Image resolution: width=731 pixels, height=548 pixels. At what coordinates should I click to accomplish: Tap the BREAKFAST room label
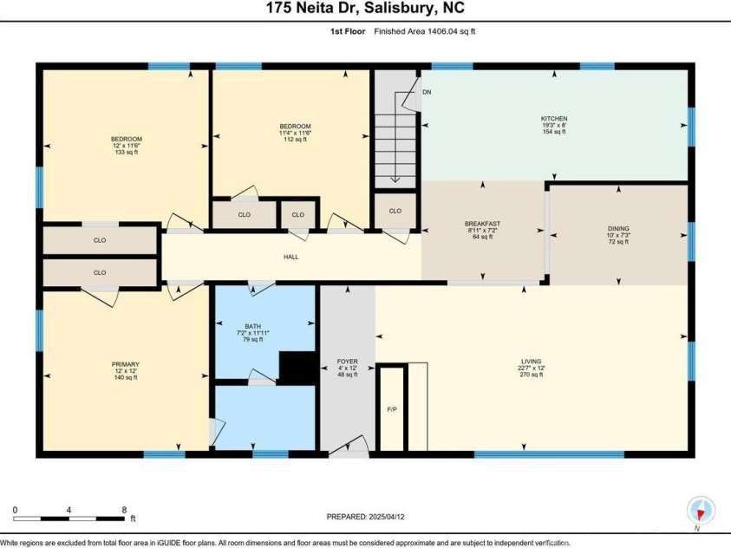[x=482, y=224]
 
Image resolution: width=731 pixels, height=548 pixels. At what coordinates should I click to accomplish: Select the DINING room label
[x=618, y=228]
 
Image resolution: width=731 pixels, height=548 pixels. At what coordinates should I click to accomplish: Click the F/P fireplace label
[x=391, y=407]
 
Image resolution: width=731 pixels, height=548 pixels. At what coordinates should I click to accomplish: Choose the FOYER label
[x=347, y=361]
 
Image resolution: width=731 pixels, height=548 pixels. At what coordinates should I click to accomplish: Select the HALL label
[x=291, y=257]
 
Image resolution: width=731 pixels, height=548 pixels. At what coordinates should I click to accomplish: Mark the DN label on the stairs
[x=427, y=91]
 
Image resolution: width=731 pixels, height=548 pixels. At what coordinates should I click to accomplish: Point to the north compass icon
[x=699, y=510]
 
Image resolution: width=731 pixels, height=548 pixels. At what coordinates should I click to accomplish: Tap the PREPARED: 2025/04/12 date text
[x=364, y=516]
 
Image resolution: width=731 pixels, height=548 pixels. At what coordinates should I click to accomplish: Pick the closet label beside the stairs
[x=395, y=211]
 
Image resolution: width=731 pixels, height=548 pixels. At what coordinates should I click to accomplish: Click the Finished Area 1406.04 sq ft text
[x=425, y=31]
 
